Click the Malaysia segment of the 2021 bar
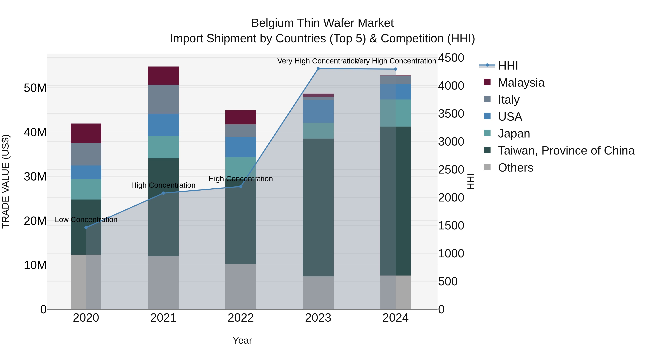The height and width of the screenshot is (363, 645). coord(163,76)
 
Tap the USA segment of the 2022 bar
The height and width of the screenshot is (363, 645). coord(241,147)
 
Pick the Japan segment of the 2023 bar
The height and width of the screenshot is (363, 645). coord(318,131)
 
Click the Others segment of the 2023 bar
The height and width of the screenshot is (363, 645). coord(318,293)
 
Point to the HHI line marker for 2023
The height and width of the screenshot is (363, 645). coord(318,69)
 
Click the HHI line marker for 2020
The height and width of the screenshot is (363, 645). coord(86,227)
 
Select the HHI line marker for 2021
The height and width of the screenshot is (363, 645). coord(163,193)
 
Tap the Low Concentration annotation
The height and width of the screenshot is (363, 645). coord(86,220)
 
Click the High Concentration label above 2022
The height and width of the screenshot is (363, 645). coord(241,179)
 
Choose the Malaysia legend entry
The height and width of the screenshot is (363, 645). coord(521,83)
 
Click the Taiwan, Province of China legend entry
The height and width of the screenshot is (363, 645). coord(566,151)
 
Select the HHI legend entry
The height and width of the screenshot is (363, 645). coord(508,66)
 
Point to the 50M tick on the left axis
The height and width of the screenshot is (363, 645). coord(35,88)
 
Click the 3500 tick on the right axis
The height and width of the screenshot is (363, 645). coord(451,114)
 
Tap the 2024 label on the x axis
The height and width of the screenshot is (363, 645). coord(395,318)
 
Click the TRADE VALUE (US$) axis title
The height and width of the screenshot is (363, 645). coord(6,181)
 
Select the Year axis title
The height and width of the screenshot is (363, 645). coord(242,340)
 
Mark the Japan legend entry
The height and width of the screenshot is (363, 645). coord(514,134)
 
